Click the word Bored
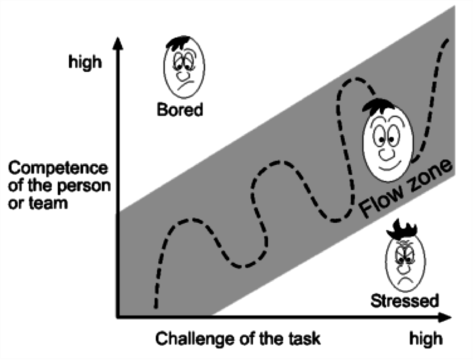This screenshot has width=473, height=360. (180, 111)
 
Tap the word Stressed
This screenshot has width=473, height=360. (405, 300)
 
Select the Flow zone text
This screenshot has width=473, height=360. (406, 191)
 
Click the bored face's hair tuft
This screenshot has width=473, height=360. (178, 44)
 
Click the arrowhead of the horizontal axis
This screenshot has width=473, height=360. (447, 318)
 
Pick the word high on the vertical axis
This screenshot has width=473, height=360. (84, 62)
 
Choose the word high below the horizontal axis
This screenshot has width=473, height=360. (425, 339)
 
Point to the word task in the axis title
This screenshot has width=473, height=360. (306, 339)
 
